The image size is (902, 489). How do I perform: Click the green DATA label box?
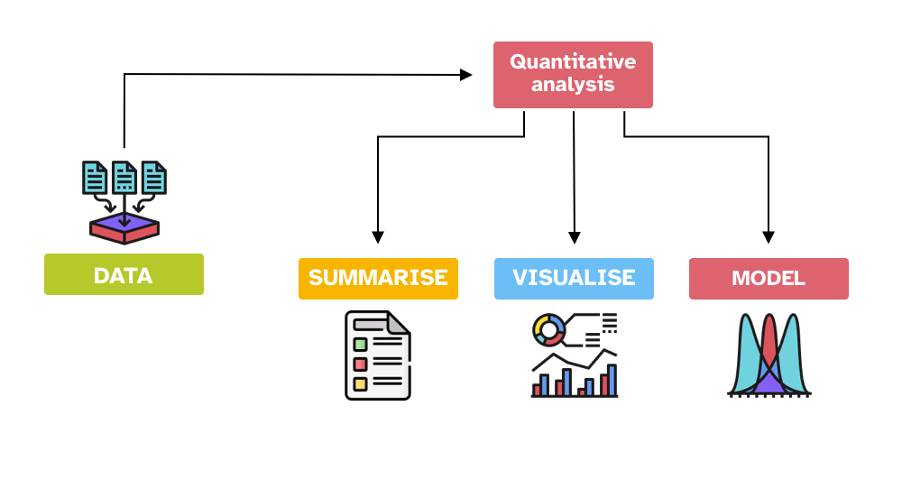[124, 274]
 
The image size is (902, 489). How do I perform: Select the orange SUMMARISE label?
[378, 278]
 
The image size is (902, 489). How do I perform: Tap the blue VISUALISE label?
[574, 278]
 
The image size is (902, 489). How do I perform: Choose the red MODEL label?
[769, 278]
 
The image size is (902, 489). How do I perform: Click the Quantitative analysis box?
[573, 75]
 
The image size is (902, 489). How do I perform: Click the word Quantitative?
[573, 62]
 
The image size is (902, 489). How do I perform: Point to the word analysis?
[573, 86]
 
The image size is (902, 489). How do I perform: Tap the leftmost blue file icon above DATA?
[95, 178]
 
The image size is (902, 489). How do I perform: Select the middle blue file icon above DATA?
[124, 178]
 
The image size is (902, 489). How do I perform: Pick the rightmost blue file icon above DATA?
[154, 178]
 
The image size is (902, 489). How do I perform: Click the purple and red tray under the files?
[124, 229]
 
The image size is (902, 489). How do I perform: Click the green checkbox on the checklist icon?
[360, 344]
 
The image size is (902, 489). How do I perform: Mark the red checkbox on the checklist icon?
[360, 364]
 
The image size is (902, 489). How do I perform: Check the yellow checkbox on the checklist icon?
[360, 383]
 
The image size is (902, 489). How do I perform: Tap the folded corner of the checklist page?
[397, 322]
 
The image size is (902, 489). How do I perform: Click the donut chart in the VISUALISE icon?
[548, 329]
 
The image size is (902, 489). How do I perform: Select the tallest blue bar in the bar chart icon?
[612, 380]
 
